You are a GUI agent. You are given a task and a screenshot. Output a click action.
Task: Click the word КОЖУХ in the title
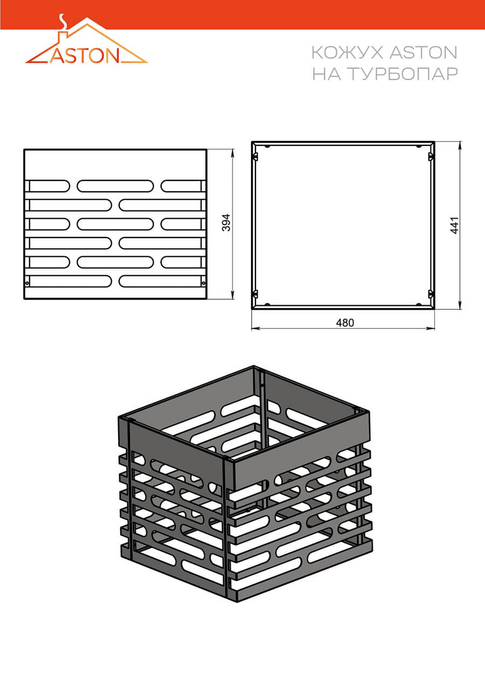click(347, 53)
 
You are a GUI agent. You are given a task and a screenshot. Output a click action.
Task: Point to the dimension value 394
click(226, 222)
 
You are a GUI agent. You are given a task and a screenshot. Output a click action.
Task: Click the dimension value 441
click(455, 226)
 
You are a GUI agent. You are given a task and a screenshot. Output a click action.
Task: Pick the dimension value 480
click(345, 323)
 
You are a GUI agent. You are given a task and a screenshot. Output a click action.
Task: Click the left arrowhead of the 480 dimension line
click(255, 328)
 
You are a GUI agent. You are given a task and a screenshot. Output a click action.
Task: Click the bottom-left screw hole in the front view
click(27, 283)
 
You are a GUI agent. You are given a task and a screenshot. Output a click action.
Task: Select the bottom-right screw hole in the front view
click(204, 283)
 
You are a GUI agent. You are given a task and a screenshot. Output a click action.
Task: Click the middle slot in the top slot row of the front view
click(115, 186)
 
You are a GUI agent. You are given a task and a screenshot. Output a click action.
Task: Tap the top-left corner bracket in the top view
click(256, 157)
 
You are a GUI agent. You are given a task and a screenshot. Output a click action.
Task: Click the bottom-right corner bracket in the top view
click(431, 295)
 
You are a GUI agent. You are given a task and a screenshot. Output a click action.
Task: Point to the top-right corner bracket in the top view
click(431, 157)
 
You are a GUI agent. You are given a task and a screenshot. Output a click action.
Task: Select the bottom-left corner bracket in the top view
click(256, 295)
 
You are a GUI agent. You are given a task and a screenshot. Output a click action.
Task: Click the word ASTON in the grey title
click(423, 53)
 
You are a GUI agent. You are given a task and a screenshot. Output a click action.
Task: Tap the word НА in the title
click(327, 74)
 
